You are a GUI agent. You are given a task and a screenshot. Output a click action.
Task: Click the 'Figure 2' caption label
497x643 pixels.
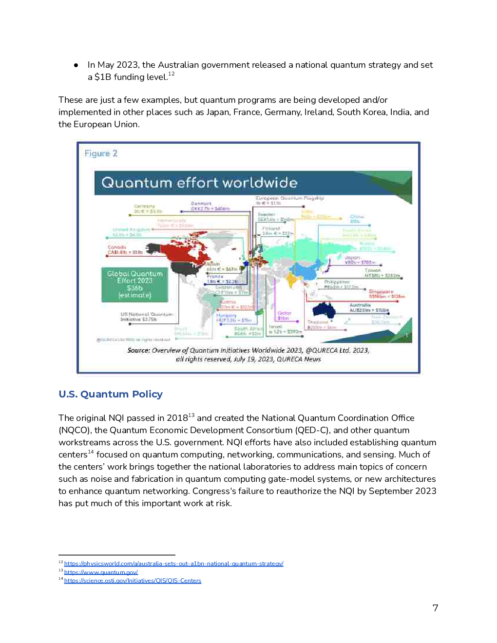point(101,153)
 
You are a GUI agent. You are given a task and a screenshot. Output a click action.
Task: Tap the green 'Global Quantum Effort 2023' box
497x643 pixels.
point(135,284)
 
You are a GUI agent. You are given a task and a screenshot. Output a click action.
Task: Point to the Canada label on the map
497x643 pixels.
point(117,247)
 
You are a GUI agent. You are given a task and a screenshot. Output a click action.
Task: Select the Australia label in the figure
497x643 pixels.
point(360,305)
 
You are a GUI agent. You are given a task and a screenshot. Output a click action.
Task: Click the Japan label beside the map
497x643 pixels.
point(352,258)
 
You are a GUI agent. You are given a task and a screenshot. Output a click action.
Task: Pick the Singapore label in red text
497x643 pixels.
point(381,292)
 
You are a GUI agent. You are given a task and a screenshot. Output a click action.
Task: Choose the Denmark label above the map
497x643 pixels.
point(201,204)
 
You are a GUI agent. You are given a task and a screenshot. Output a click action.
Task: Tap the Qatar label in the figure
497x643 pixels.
point(285,313)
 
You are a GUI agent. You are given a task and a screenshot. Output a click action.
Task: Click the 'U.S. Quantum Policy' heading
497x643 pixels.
point(111,394)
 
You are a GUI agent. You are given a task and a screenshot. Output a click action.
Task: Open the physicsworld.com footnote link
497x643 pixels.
point(173,564)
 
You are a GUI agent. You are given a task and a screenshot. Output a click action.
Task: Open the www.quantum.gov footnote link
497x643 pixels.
point(101,572)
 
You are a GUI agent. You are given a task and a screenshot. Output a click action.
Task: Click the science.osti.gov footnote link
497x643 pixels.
point(133,581)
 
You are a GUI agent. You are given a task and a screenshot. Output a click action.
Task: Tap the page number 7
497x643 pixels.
point(435,608)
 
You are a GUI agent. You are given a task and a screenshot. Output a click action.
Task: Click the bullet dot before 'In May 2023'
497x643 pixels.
point(76,65)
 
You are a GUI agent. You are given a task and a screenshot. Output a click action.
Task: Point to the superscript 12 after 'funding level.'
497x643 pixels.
point(172,74)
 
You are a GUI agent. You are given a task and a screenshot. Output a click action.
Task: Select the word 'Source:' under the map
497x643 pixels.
point(138,350)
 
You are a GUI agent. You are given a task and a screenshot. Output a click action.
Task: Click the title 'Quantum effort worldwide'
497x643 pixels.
point(199,183)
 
